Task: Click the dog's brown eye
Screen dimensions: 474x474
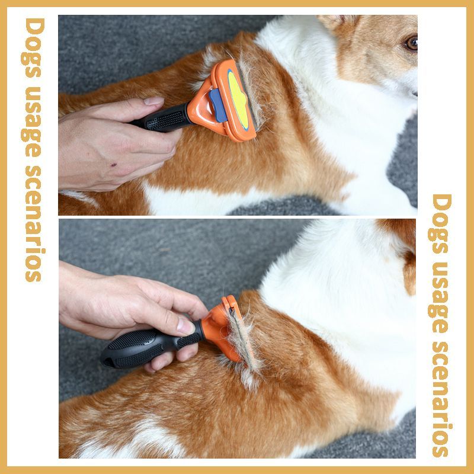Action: [x=412, y=43]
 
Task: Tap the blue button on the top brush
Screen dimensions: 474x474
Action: [x=218, y=105]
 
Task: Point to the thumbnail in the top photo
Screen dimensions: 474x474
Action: [x=154, y=101]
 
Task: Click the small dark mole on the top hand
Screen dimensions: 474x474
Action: [x=114, y=165]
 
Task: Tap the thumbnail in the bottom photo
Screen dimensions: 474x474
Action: [x=185, y=326]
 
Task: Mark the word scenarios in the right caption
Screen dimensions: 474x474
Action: [x=441, y=399]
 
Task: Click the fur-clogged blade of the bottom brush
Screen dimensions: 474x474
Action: [x=241, y=340]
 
